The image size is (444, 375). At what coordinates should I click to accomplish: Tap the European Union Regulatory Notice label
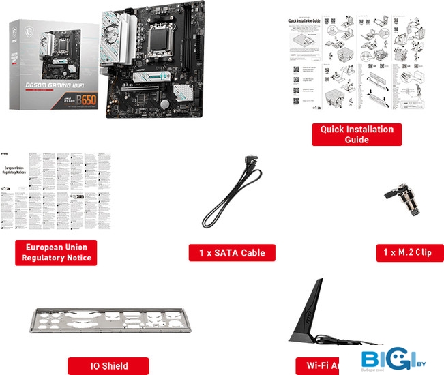click(56, 252)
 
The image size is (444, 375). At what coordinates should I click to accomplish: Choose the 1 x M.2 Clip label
click(407, 253)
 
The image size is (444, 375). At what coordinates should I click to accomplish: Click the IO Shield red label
click(109, 366)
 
